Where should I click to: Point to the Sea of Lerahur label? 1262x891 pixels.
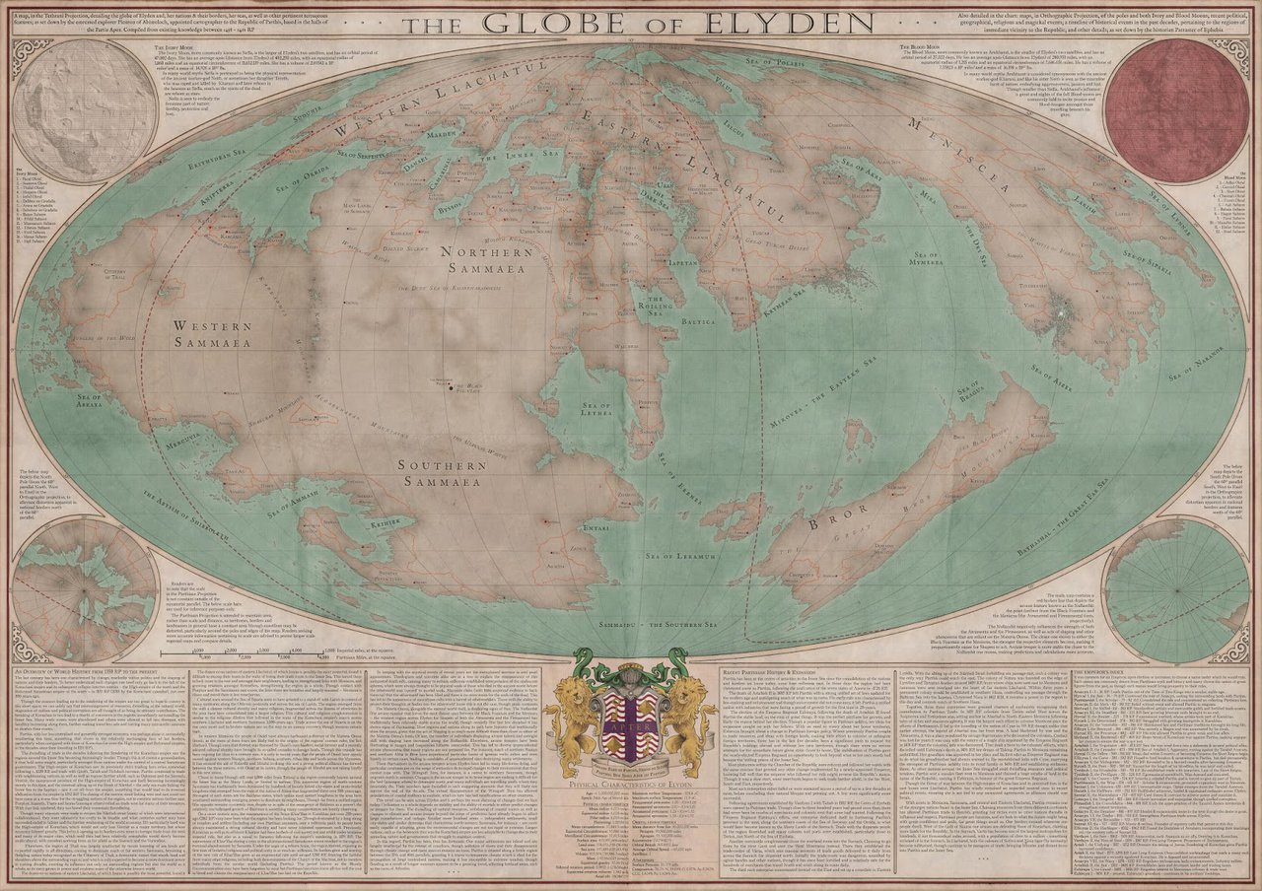(678, 558)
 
